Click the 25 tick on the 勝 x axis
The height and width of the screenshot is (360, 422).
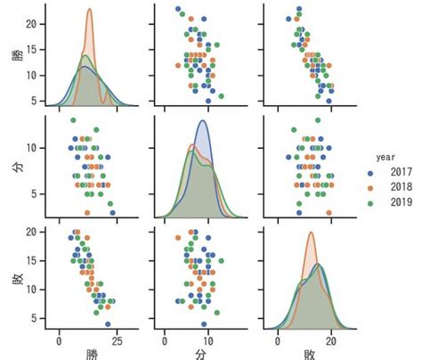[117, 340]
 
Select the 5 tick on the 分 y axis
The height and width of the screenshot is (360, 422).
[36, 192]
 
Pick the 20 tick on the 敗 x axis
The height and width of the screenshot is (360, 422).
[331, 340]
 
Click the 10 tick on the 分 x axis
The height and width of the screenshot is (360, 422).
[207, 340]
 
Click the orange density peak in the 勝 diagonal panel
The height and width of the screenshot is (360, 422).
[90, 11]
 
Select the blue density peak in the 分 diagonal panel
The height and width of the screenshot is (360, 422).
[203, 121]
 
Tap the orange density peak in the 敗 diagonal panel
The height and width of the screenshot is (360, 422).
[311, 234]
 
